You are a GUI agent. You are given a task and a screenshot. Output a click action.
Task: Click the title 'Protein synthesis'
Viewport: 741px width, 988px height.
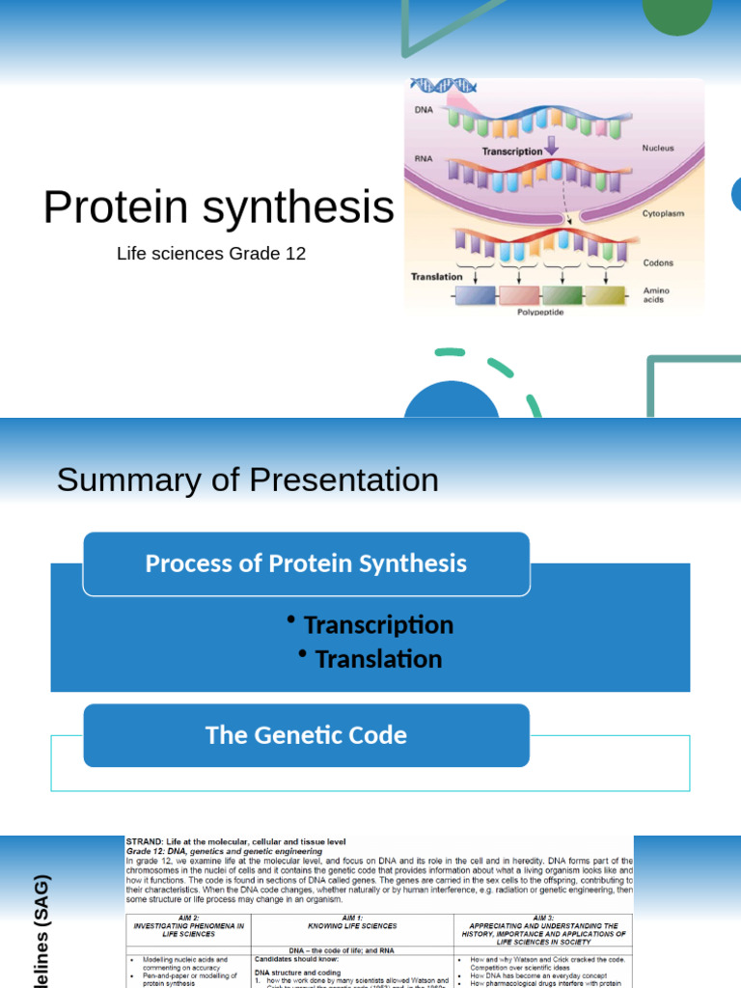219,207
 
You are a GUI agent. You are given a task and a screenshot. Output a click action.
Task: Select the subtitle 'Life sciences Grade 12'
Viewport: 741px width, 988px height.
211,254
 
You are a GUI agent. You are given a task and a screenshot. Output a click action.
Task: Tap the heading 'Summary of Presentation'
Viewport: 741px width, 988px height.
247,480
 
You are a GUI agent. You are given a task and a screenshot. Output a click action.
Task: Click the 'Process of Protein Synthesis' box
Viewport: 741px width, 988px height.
306,563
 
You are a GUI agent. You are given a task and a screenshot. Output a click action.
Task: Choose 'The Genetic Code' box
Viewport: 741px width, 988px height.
306,735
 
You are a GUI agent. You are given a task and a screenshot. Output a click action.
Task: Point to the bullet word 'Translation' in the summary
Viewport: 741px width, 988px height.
378,659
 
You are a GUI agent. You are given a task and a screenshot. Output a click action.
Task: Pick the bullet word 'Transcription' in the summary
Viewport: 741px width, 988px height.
378,625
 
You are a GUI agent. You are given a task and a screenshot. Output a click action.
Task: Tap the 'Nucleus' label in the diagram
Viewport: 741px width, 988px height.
658,149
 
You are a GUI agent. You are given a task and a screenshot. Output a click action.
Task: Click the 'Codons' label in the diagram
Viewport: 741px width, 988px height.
658,262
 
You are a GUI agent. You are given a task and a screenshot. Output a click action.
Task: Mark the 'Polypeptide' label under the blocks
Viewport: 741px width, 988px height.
540,313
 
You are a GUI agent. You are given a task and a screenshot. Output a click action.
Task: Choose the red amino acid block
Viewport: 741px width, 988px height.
519,296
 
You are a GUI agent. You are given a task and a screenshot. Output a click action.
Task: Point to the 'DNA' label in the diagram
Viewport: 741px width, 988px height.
424,110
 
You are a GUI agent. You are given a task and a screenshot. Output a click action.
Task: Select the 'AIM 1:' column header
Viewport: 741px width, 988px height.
352,919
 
